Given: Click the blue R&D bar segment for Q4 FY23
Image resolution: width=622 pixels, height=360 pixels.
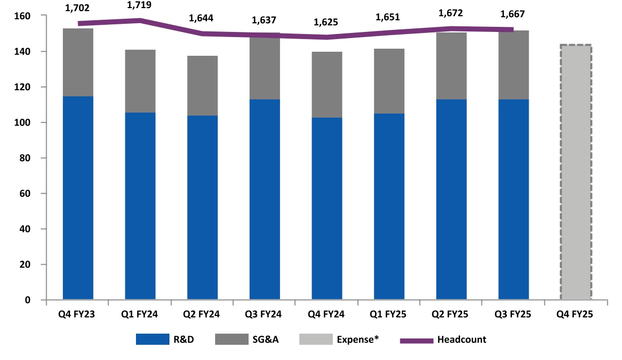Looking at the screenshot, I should click(x=78, y=198).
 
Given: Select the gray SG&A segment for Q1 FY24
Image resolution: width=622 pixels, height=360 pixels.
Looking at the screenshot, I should click(x=140, y=81).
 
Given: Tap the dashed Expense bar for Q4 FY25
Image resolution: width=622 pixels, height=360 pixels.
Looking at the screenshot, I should click(x=576, y=172).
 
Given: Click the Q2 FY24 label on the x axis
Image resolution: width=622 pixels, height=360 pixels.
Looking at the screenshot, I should click(x=202, y=314).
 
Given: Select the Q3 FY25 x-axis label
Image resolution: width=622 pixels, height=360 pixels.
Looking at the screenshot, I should click(x=513, y=314).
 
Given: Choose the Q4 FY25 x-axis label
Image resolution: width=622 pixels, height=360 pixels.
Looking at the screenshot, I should click(x=576, y=314).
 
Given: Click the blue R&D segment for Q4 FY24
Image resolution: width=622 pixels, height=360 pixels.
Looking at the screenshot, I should click(x=327, y=208).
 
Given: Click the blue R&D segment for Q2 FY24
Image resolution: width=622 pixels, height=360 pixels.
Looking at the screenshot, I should click(x=202, y=208).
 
